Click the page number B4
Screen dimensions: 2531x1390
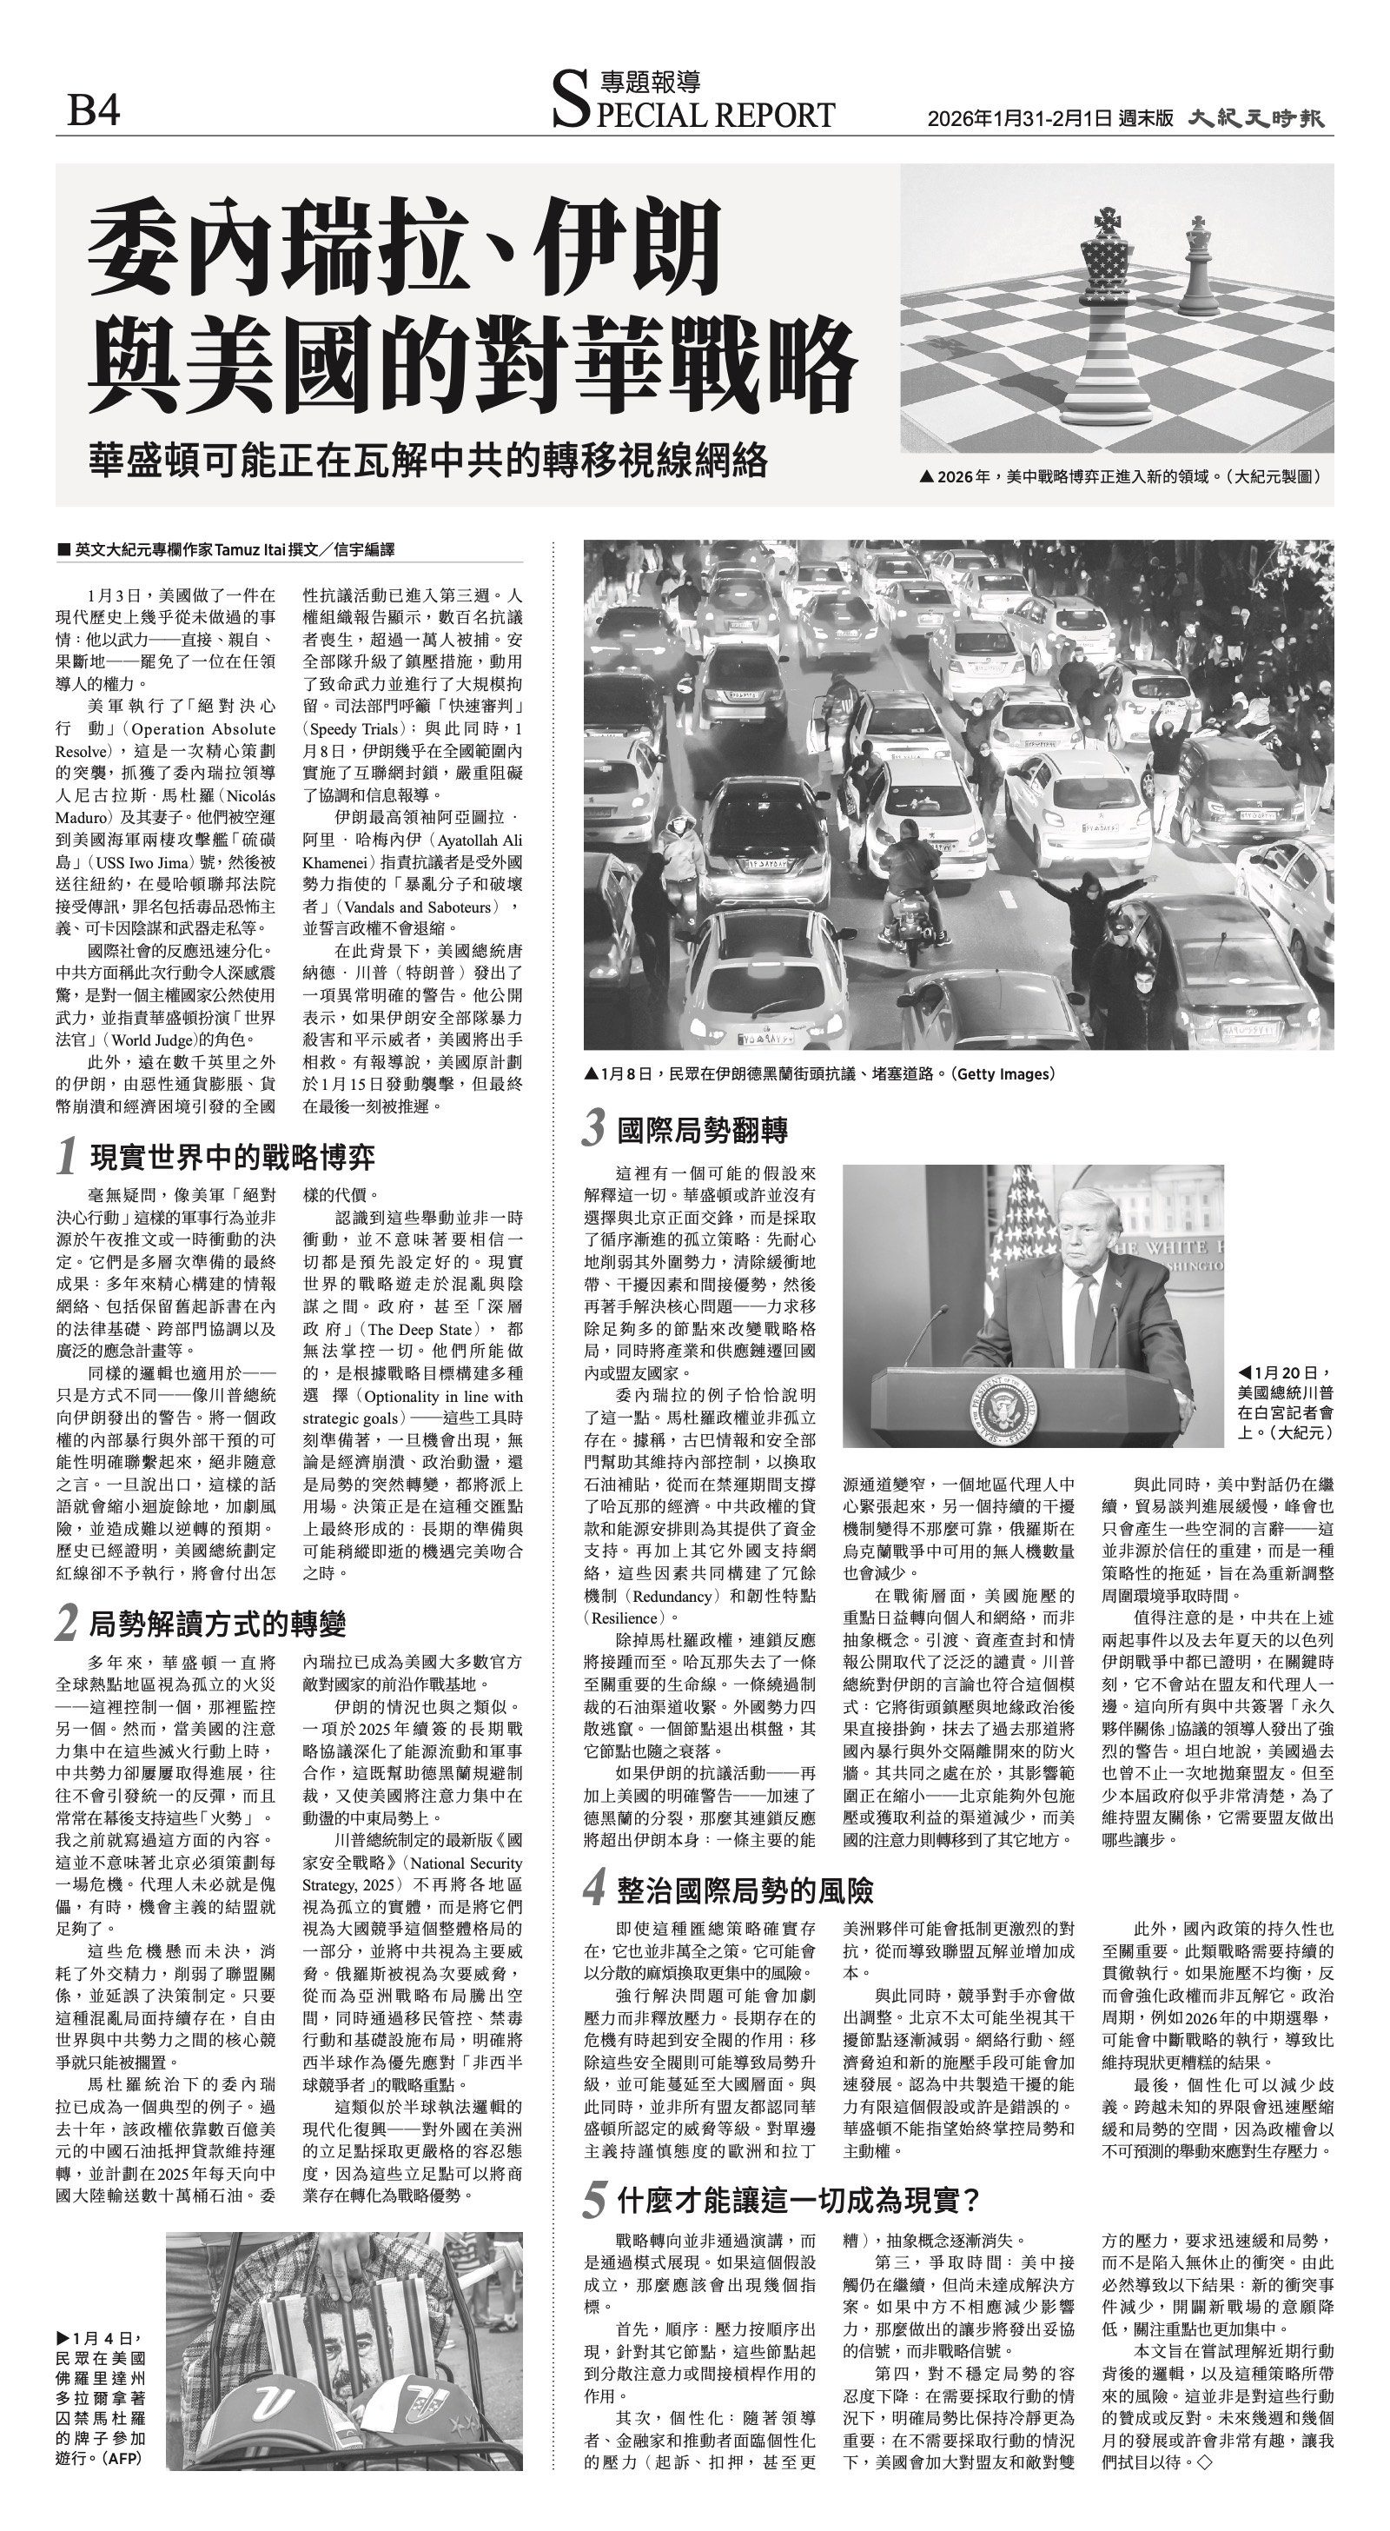pos(93,110)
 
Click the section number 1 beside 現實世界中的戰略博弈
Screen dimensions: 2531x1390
pos(67,1157)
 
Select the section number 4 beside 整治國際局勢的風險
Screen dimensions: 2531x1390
pos(593,1890)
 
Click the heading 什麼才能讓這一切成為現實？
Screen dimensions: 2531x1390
pos(798,2200)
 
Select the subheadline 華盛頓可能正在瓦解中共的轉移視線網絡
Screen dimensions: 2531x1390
pos(427,460)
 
